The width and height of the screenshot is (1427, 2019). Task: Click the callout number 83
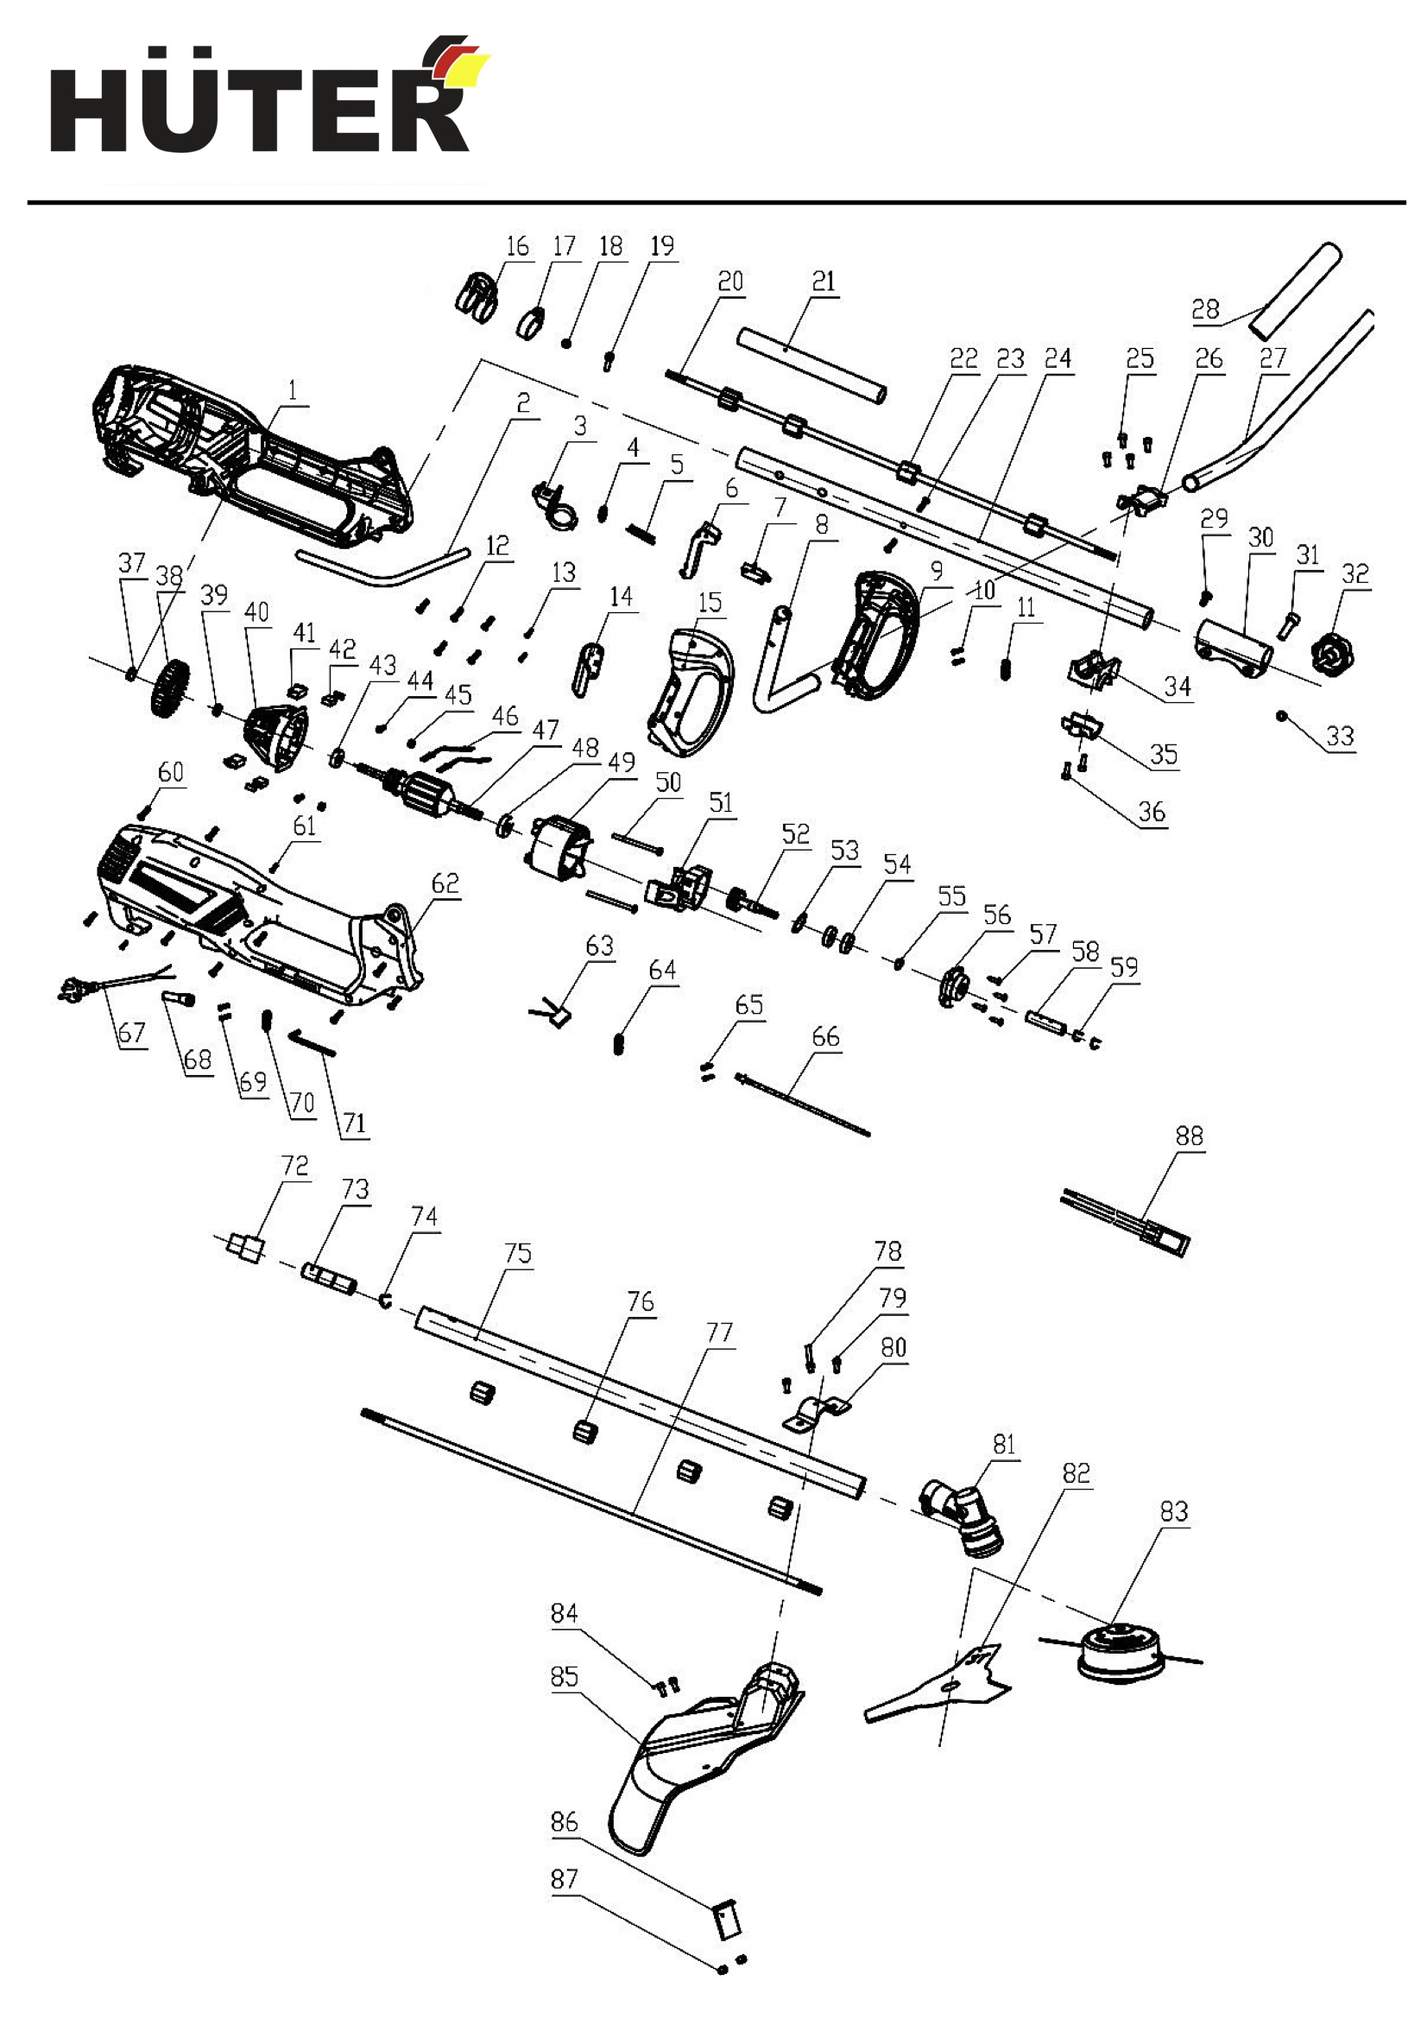1174,1511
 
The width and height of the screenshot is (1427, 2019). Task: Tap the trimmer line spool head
1121,1653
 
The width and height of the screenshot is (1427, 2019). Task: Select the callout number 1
293,389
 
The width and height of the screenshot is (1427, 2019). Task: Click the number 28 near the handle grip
1205,309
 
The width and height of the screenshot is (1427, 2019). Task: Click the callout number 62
445,883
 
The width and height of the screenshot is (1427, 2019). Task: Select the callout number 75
518,1253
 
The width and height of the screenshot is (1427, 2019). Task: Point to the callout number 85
565,1677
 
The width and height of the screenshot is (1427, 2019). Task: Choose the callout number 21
823,282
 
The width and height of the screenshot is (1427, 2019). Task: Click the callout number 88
1189,1136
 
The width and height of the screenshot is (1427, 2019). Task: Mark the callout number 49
622,763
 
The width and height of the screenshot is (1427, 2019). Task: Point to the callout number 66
825,1037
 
